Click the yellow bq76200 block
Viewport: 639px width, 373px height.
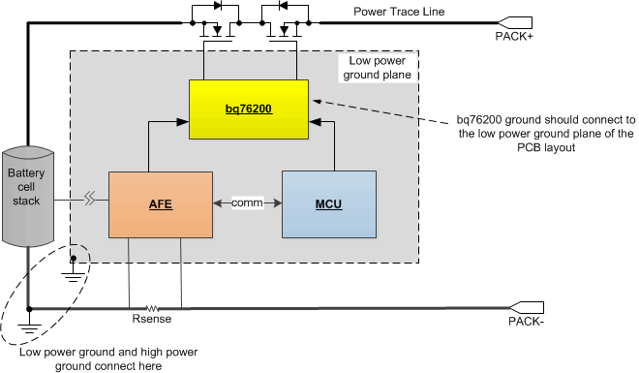[248, 110]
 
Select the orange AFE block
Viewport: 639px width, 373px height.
[161, 203]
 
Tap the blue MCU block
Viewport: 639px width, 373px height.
[327, 203]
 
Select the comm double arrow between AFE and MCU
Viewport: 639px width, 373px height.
[246, 203]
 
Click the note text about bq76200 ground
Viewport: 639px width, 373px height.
[545, 134]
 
